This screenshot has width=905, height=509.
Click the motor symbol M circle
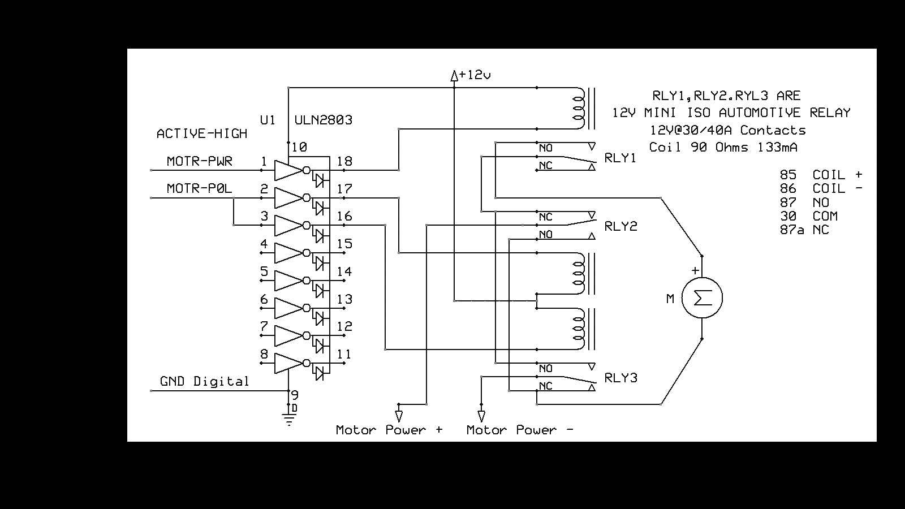702,297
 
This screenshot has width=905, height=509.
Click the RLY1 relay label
620,158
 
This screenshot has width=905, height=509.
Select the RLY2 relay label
620,226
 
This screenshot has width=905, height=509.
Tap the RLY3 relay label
620,378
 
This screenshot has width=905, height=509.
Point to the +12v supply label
475,75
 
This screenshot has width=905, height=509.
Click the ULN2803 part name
323,120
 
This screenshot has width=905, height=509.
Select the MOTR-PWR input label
199,161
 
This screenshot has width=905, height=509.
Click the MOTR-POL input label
199,188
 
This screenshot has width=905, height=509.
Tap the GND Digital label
204,381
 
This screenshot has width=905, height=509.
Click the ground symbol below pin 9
289,420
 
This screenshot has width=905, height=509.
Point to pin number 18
344,161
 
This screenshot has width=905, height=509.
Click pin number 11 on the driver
344,355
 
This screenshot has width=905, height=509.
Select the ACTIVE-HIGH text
201,133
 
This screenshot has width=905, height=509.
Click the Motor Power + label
389,430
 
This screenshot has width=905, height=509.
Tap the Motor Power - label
520,430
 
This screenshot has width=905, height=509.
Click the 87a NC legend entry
804,230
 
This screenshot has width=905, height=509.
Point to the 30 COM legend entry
809,216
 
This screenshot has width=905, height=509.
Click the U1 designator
268,120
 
